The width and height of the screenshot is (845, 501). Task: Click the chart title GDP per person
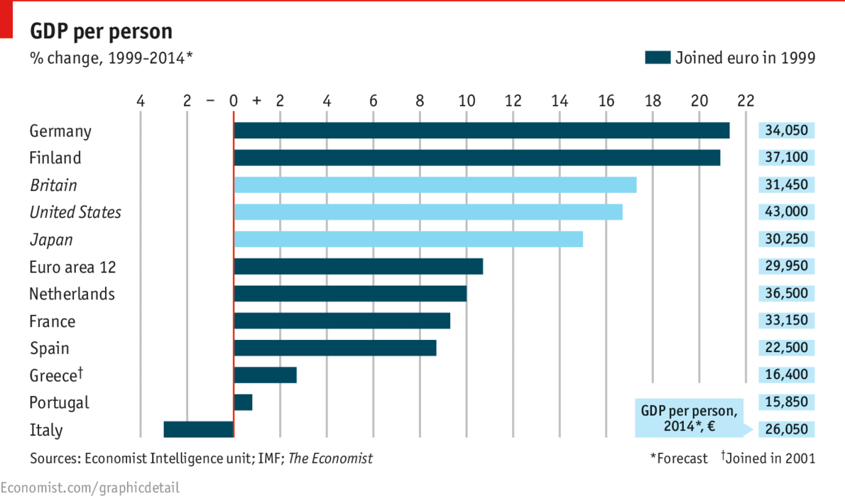click(x=101, y=32)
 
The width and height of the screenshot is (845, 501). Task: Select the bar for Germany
click(x=481, y=131)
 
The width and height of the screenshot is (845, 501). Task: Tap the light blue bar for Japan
click(x=408, y=239)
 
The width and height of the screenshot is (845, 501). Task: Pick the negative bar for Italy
click(x=198, y=429)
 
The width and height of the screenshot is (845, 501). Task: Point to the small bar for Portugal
click(x=243, y=402)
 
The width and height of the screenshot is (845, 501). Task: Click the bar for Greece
click(x=265, y=375)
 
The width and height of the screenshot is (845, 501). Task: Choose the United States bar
click(x=428, y=212)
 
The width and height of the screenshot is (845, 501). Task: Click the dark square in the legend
click(x=657, y=57)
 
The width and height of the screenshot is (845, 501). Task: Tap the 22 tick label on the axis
click(x=746, y=101)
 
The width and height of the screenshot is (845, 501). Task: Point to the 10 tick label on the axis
click(x=467, y=101)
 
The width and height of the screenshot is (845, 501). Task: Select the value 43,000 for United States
click(x=786, y=212)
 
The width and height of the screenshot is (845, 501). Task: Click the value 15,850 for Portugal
click(x=786, y=402)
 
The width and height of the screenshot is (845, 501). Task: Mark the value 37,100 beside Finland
click(x=786, y=158)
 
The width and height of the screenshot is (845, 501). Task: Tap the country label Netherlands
click(x=72, y=294)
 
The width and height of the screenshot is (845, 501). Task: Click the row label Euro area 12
click(x=72, y=267)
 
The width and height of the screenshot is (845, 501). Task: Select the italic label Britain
click(x=53, y=185)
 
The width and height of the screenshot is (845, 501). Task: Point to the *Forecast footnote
click(x=679, y=458)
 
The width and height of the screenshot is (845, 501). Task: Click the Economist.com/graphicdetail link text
click(x=90, y=488)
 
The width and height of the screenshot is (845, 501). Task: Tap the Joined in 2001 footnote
click(x=770, y=458)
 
